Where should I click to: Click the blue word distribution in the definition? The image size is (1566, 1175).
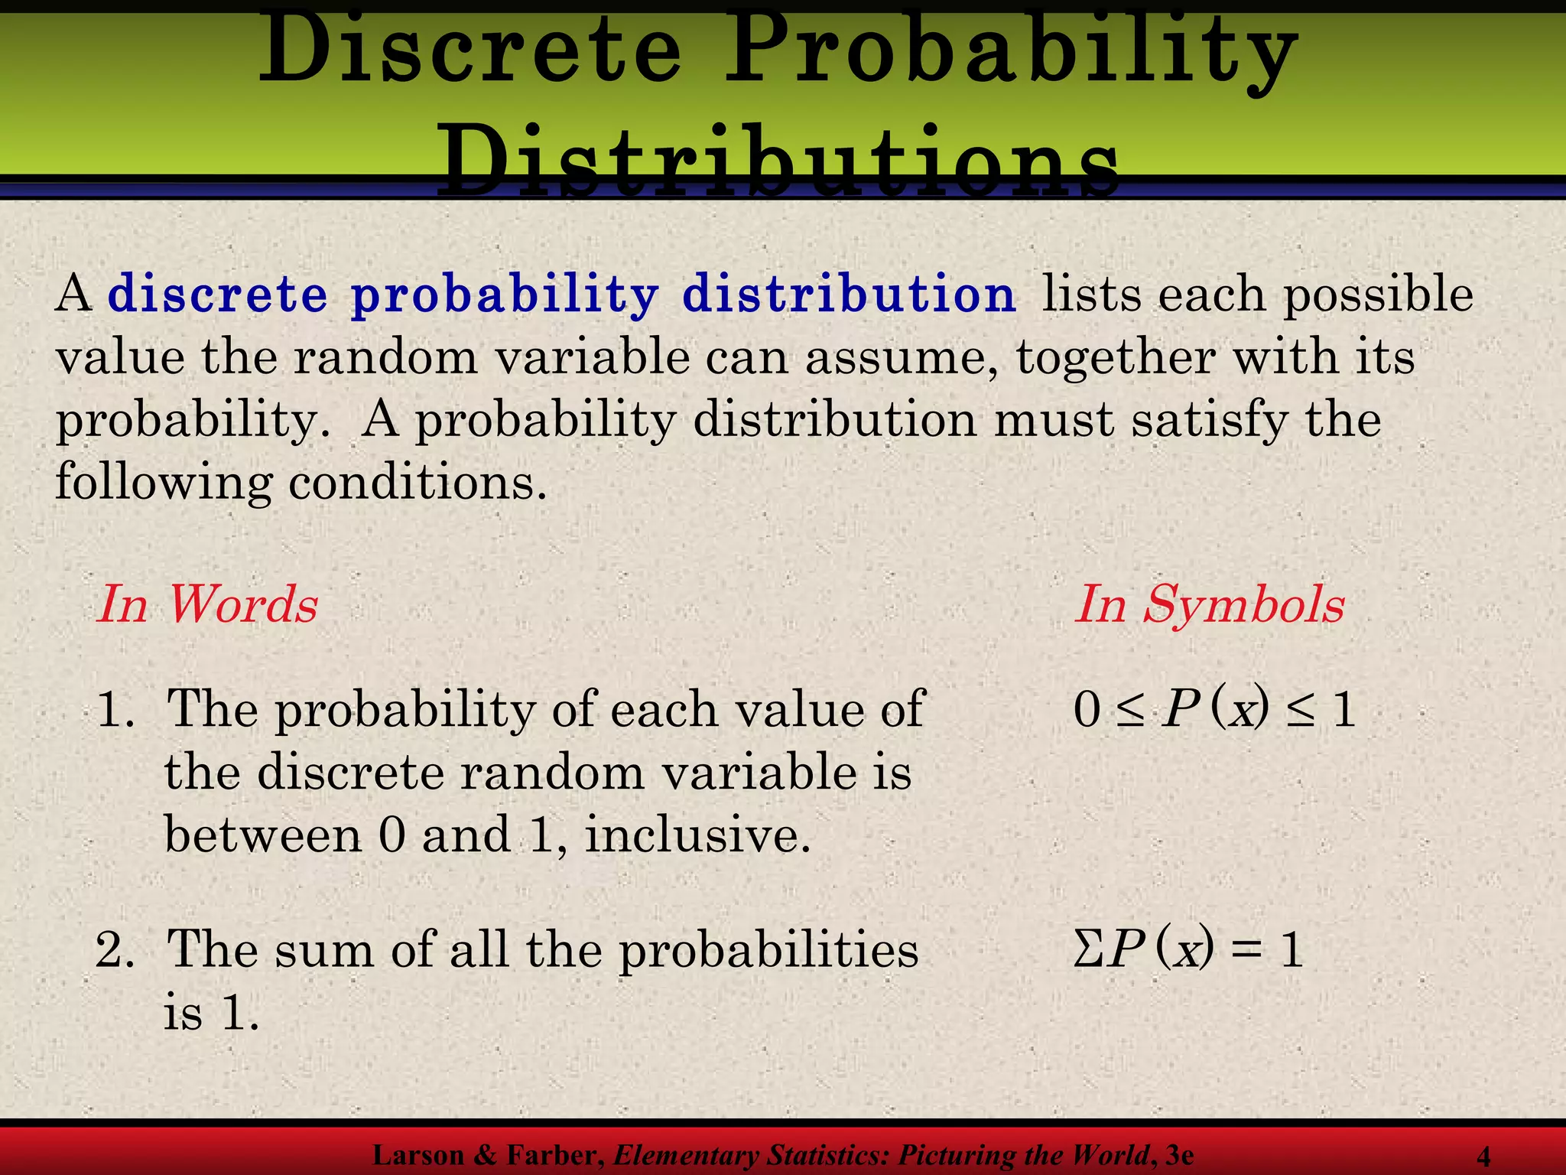click(848, 295)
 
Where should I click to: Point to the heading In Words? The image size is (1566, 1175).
click(207, 604)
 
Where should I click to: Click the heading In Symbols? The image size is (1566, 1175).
click(1209, 605)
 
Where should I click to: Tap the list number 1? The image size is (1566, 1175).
click(113, 710)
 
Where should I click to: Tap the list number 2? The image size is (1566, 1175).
click(113, 950)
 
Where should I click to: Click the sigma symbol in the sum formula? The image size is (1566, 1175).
click(1087, 951)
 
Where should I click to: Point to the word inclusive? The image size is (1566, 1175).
click(697, 835)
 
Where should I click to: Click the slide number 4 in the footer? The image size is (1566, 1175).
click(1483, 1156)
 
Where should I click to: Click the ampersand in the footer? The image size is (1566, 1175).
click(486, 1155)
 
